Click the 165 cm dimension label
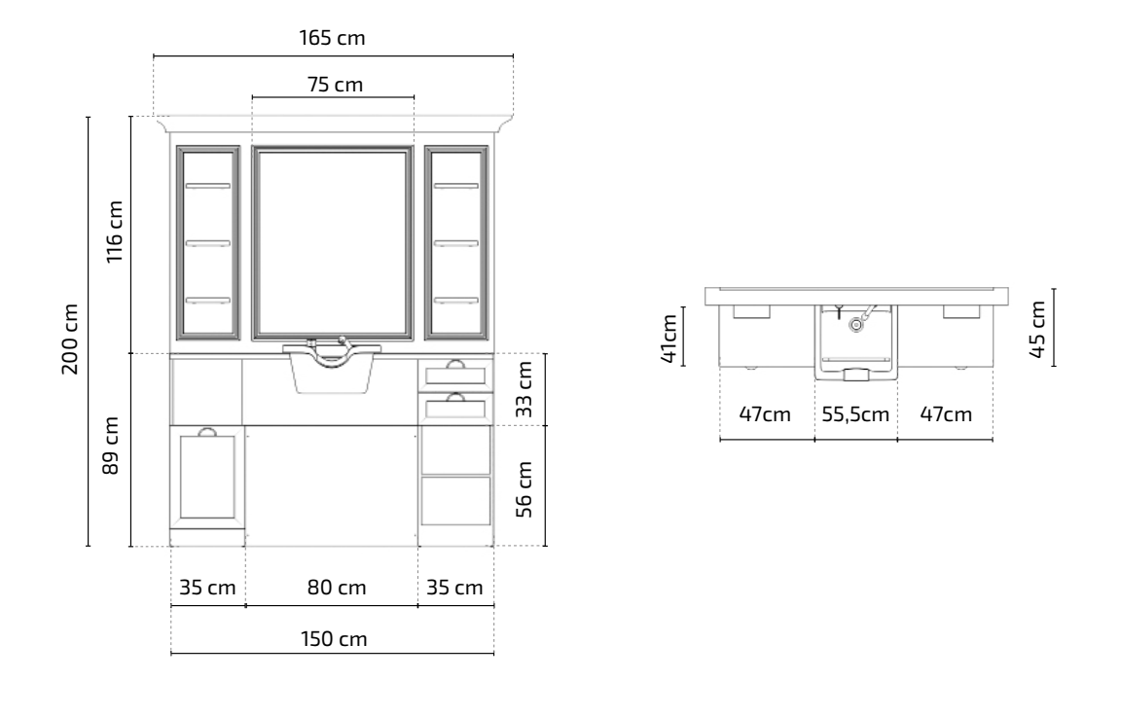point(332,37)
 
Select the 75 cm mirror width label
point(336,85)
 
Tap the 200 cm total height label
point(70,339)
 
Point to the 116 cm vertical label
point(115,232)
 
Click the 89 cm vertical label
point(110,446)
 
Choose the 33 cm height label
point(524,389)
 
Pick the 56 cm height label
point(524,489)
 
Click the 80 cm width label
point(337,588)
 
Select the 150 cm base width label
point(334,638)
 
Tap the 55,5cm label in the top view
point(855,414)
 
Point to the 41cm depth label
point(669,338)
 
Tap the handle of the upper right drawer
point(455,365)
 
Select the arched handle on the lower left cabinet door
point(207,432)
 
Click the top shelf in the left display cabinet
point(208,186)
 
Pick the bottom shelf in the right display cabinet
point(456,301)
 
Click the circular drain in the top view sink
point(855,325)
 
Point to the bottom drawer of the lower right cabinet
point(456,501)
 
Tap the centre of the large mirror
point(333,243)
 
